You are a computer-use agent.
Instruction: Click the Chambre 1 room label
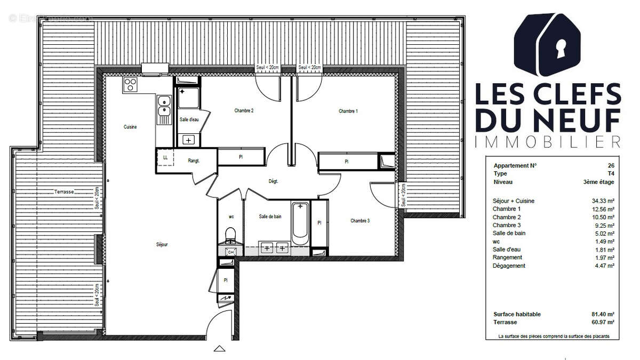point(348,111)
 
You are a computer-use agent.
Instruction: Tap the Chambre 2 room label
point(244,111)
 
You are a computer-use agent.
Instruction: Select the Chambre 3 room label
point(360,220)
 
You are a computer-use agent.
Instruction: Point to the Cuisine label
point(130,127)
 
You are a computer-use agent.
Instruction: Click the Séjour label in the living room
point(162,244)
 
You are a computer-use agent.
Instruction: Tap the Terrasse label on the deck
point(63,191)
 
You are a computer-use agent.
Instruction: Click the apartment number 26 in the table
point(610,165)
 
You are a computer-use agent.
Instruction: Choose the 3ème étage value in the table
point(599,182)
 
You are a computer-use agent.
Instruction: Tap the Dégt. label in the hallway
point(274,181)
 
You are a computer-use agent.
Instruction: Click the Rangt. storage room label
point(193,161)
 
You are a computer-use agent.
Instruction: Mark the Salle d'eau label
point(189,119)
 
